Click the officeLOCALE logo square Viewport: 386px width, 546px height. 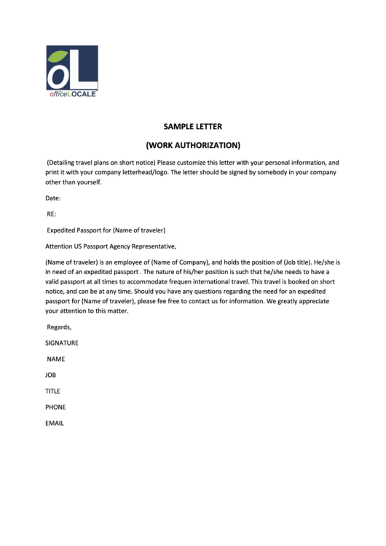[x=72, y=68]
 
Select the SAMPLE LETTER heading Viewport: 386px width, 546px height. [x=192, y=126]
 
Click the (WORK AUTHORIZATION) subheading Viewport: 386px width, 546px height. [x=192, y=144]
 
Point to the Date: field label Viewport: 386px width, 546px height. [x=53, y=198]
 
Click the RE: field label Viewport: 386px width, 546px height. [x=52, y=214]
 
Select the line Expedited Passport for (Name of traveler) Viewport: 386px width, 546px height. [x=106, y=230]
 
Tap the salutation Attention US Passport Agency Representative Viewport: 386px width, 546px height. [x=111, y=246]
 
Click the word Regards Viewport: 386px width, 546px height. [x=59, y=327]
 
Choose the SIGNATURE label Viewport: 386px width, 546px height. [x=62, y=343]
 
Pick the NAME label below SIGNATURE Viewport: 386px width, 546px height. [x=56, y=359]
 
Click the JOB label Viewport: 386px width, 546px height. [x=51, y=375]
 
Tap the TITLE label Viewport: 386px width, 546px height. [x=52, y=391]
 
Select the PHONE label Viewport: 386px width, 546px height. [x=55, y=407]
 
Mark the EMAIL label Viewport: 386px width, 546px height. [x=55, y=423]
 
